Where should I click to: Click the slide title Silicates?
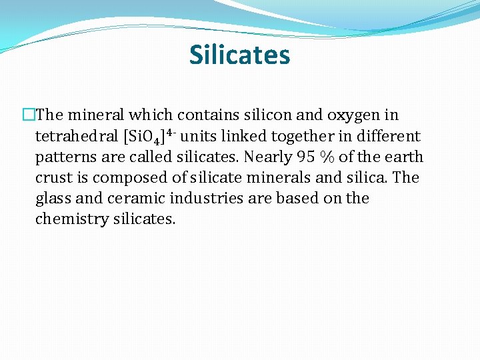click(x=240, y=55)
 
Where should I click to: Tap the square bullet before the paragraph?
click(x=28, y=115)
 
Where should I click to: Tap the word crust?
click(x=52, y=177)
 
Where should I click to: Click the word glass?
click(x=53, y=199)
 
